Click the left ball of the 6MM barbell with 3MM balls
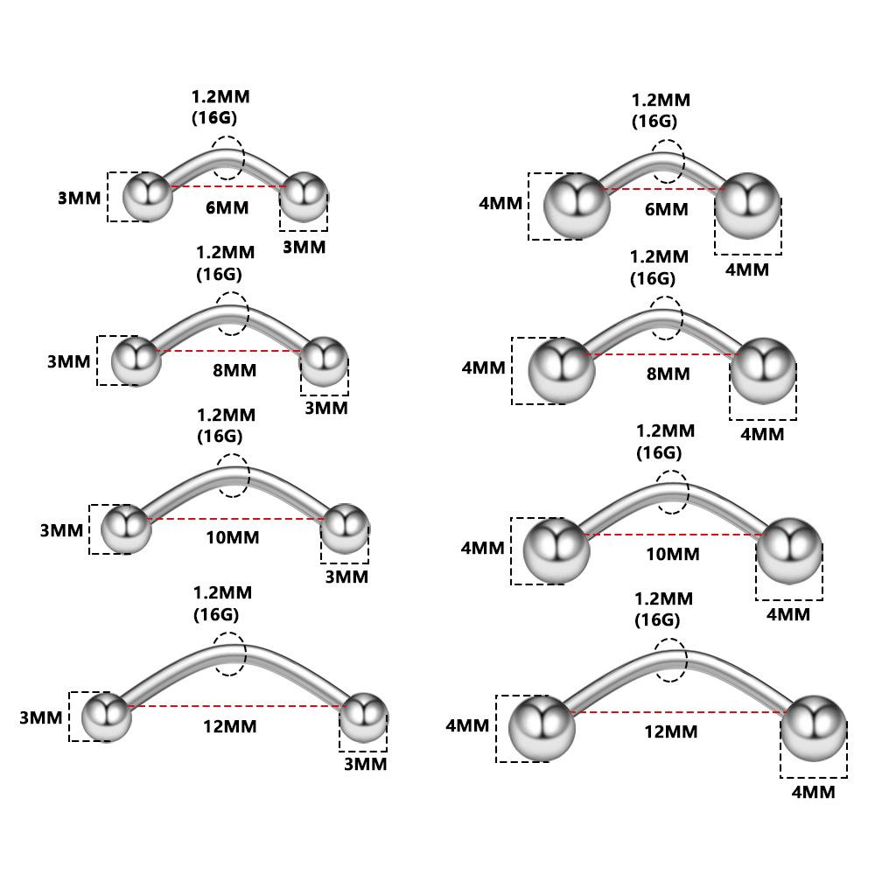[146, 197]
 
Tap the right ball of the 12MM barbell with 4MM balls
[814, 726]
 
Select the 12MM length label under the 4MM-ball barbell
[671, 731]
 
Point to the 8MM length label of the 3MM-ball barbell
[234, 369]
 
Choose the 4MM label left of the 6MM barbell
[500, 203]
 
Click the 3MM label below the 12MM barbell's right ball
[365, 764]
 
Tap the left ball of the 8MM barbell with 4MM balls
[562, 370]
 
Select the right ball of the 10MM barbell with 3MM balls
[345, 528]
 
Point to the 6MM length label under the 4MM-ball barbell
[666, 209]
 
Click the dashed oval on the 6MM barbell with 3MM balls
[227, 158]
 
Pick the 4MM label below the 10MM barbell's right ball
[788, 614]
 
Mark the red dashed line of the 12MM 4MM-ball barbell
[678, 712]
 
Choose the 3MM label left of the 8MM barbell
[69, 361]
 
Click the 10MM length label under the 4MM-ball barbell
[673, 554]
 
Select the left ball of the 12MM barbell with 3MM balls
[107, 717]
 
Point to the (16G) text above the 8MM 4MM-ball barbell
[653, 279]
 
